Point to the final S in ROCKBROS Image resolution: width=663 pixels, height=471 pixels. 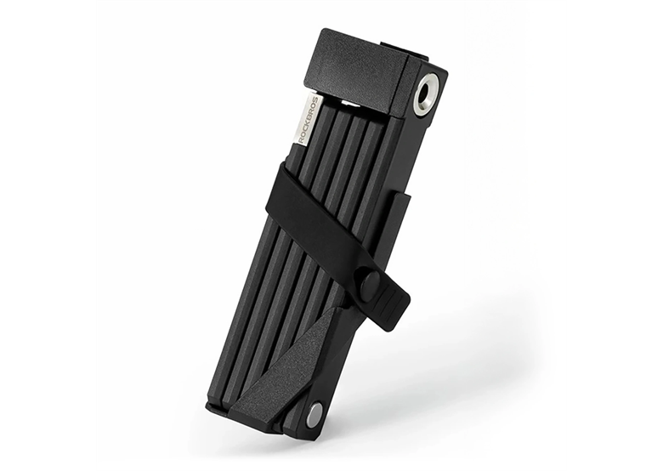314,102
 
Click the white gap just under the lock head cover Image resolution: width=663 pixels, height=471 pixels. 348,103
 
